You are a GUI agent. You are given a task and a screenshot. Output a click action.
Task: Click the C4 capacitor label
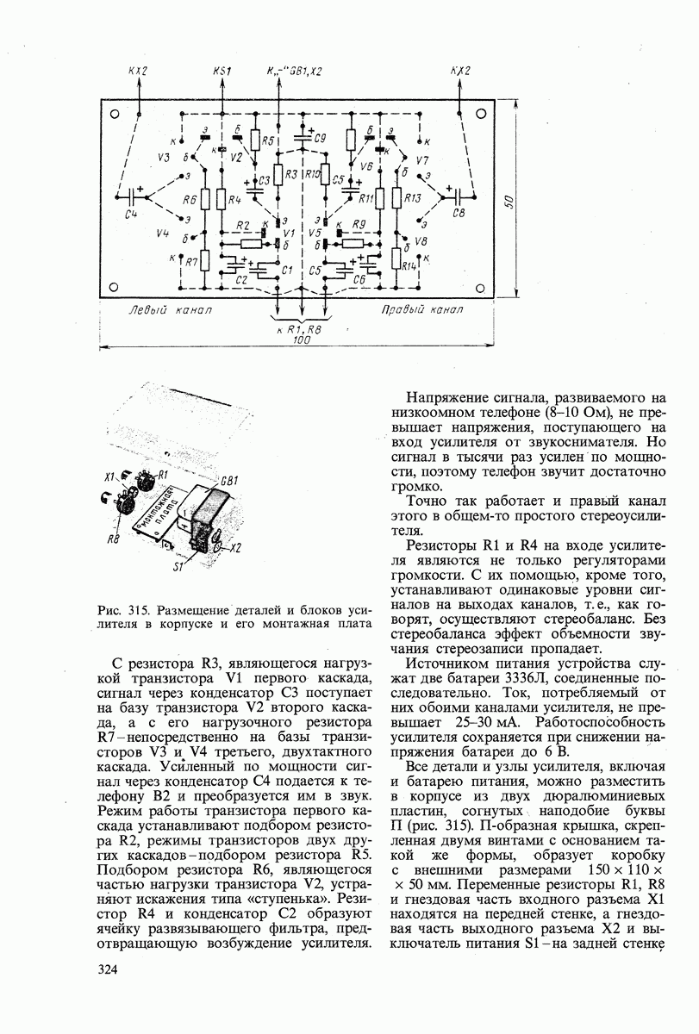tap(131, 214)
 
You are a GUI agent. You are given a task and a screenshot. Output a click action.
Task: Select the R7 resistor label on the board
tap(191, 260)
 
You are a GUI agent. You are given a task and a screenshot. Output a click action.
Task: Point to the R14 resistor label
tap(409, 265)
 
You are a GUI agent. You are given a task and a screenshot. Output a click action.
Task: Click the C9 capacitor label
tap(320, 139)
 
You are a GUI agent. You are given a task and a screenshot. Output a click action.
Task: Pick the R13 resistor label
tap(412, 197)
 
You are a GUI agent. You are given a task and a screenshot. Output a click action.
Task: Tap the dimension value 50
tap(509, 202)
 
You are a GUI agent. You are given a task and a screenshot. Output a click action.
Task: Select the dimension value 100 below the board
tap(301, 341)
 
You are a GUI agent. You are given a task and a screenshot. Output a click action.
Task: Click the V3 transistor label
tap(165, 157)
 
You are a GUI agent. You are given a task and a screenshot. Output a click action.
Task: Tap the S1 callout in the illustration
tap(178, 568)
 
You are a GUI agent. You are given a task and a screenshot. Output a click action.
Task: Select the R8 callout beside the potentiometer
tap(113, 539)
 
